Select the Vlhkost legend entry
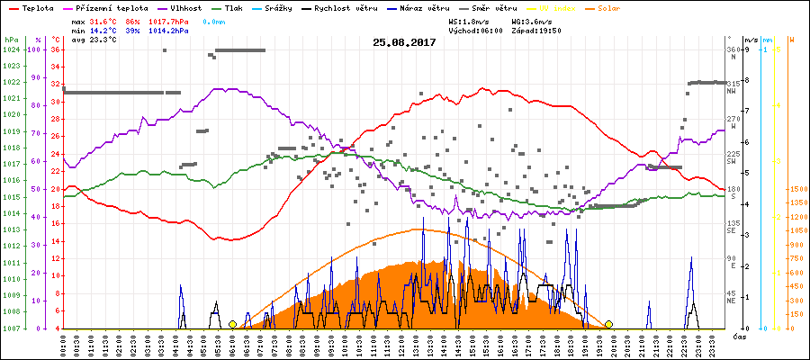184,7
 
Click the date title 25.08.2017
405,42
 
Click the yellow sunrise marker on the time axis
232,324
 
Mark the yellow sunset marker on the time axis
608,324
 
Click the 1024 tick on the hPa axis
11,49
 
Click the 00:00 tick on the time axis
64,344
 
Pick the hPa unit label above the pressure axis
11,40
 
